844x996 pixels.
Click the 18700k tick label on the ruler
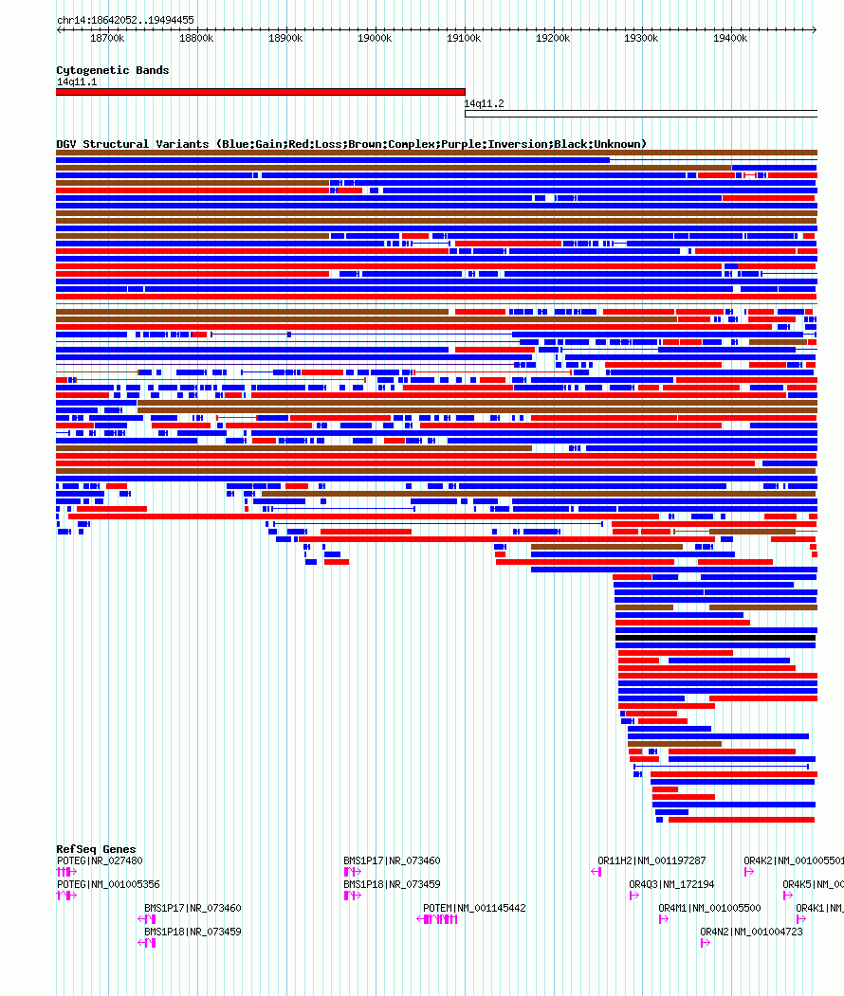point(107,38)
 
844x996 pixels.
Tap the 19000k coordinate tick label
point(375,38)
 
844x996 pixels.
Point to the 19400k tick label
point(730,38)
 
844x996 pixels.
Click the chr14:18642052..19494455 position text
point(125,20)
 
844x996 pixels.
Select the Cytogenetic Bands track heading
point(112,70)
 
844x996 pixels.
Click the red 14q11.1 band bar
point(261,92)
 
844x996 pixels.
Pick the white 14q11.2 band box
point(640,114)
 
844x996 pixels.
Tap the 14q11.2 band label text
point(484,103)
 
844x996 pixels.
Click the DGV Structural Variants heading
point(351,144)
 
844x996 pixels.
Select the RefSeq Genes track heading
point(96,849)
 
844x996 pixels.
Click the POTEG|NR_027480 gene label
point(100,860)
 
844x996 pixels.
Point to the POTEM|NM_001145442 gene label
point(474,908)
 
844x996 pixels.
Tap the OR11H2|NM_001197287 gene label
point(651,860)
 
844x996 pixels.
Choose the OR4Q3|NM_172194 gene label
point(671,884)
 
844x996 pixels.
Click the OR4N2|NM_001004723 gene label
point(751,932)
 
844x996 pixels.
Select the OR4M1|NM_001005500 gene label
point(709,908)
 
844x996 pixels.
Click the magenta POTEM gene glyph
point(440,919)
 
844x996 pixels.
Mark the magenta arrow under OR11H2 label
point(596,872)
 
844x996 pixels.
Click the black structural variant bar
point(715,638)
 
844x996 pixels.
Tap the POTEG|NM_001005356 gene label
point(108,884)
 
